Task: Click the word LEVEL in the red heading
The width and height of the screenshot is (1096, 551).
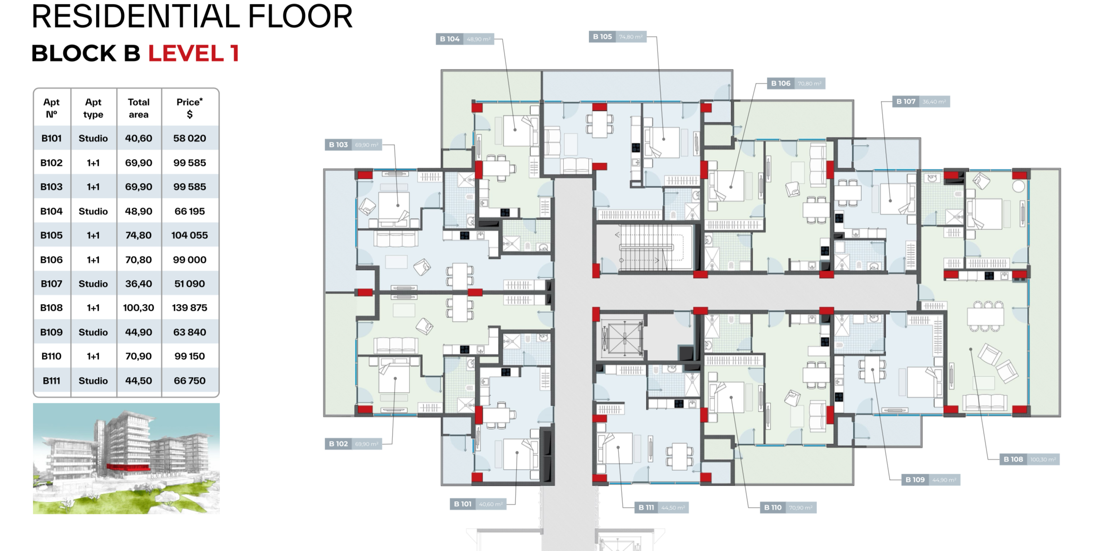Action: click(x=186, y=53)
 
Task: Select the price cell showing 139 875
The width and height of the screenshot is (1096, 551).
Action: click(x=190, y=308)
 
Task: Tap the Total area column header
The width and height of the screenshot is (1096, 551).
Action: click(x=139, y=108)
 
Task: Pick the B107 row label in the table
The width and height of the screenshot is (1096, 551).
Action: click(x=51, y=284)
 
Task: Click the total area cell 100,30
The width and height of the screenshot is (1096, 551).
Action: click(x=139, y=308)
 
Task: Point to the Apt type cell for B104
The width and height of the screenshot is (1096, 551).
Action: click(x=93, y=211)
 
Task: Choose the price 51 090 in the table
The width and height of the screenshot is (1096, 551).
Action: click(x=190, y=284)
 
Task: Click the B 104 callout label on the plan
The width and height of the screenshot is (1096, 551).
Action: click(x=450, y=39)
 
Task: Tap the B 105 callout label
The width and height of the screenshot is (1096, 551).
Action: click(x=602, y=37)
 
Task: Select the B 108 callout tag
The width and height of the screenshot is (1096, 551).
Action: click(x=1013, y=459)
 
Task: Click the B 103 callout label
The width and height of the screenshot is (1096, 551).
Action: click(x=338, y=145)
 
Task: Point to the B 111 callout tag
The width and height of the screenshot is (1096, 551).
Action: click(x=646, y=508)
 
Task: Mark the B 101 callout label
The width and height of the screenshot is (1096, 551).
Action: click(x=462, y=504)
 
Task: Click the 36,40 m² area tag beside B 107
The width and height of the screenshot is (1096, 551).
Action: click(x=934, y=102)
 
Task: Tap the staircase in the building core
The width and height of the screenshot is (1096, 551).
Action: click(x=645, y=248)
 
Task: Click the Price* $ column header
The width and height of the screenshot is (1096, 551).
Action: click(x=190, y=108)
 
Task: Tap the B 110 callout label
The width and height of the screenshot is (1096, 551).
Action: click(x=773, y=508)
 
